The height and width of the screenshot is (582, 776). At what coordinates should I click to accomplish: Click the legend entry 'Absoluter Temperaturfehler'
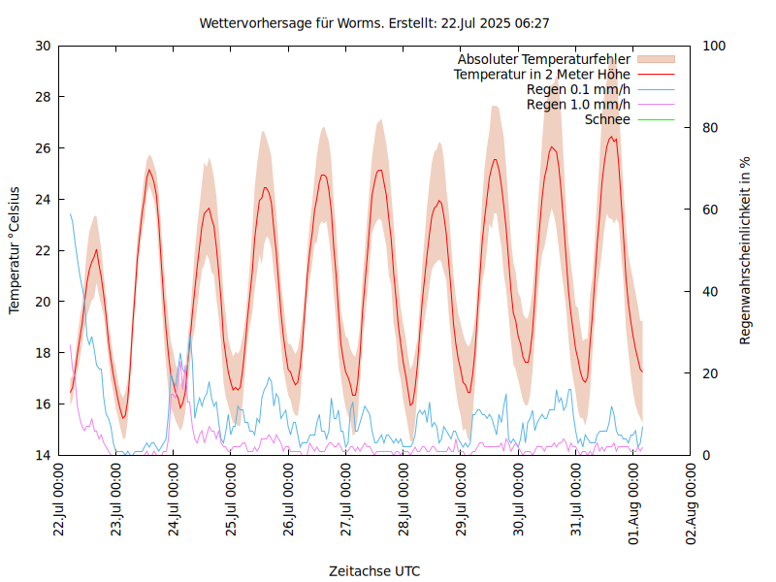pos(544,59)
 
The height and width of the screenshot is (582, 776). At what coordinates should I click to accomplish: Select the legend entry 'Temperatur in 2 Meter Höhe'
pos(542,74)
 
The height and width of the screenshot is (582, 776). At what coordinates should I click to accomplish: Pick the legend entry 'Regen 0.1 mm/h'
pos(578,89)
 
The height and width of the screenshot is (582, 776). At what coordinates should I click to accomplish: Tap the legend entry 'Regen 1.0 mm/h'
pos(578,104)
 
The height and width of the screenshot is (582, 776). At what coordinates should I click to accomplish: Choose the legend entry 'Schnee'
pos(607,119)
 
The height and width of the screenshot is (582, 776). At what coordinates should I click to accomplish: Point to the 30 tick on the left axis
pos(43,46)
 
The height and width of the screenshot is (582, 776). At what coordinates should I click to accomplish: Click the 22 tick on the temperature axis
pos(43,250)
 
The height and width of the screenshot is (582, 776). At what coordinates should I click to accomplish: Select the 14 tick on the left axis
pos(43,455)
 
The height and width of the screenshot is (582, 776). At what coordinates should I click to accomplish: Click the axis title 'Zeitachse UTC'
pos(374,570)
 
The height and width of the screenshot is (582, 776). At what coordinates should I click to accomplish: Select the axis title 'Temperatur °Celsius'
pos(15,249)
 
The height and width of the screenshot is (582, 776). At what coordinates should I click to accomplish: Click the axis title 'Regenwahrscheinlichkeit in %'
pos(746,249)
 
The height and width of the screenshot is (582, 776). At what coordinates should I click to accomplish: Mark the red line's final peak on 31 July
pos(612,137)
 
